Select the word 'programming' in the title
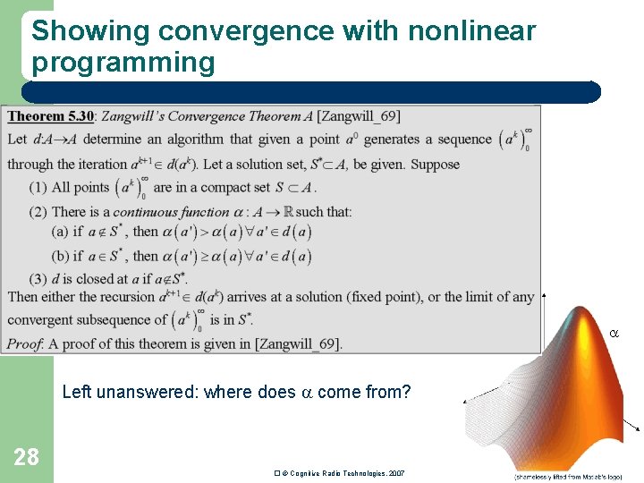point(123,63)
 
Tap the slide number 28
point(26,457)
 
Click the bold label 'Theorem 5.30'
point(49,116)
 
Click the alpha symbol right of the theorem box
point(614,333)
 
